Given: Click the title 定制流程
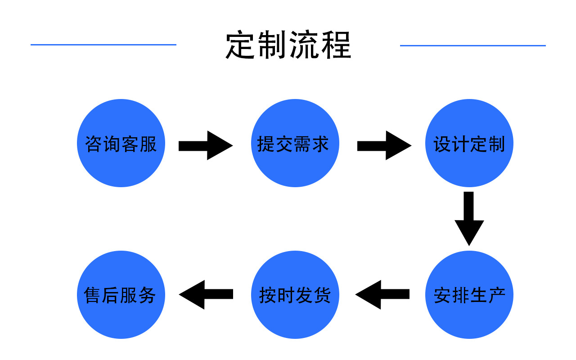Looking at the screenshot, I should tap(288, 45).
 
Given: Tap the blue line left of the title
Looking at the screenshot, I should tap(103, 45).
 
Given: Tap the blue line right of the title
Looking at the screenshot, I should tap(472, 45).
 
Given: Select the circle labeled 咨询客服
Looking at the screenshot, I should tap(121, 144).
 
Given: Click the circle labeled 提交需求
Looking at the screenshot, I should tap(295, 144).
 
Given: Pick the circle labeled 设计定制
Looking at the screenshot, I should tap(469, 144).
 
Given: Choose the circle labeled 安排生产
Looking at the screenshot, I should tap(469, 295).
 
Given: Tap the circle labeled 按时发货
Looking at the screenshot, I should tap(295, 295).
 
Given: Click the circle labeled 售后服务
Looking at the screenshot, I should tap(121, 295).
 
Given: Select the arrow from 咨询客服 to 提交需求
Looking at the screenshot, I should tap(205, 145).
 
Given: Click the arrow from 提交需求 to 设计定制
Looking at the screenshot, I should tap(384, 145).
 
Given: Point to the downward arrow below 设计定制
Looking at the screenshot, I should tap(469, 218).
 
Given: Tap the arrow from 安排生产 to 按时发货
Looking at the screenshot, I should tap(382, 294).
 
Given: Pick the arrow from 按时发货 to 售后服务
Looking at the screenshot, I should tap(206, 294).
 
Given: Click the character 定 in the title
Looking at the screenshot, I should tap(241, 45).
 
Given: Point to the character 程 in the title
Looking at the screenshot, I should tap(336, 45).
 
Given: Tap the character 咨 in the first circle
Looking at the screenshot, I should tap(94, 144).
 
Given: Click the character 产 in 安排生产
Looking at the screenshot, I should tap(496, 295).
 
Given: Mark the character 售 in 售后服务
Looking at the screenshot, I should tap(93, 295).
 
